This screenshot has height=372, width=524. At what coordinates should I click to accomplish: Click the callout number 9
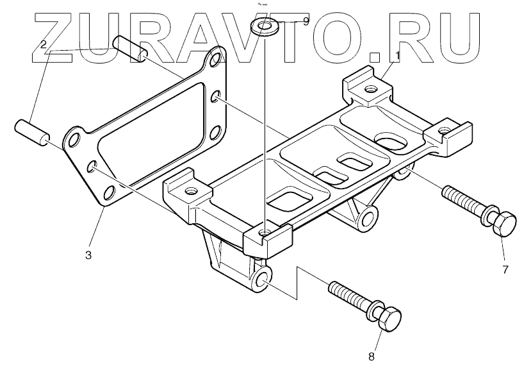pos(306,21)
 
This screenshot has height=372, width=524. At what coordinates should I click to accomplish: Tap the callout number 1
pos(397,56)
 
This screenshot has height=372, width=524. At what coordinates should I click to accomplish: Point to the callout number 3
pos(88,255)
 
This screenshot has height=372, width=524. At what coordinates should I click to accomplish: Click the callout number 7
pos(505,269)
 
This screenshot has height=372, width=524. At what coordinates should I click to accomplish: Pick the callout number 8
pos(371,357)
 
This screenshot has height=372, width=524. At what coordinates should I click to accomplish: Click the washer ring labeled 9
pos(262,26)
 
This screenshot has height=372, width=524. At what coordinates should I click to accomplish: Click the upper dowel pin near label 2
pos(131,47)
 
